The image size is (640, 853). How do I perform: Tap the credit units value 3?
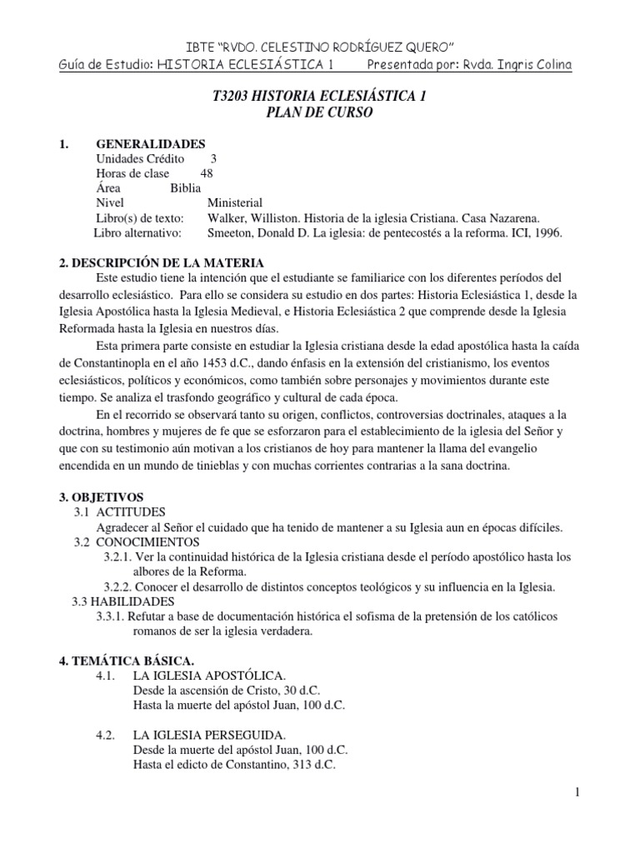(214, 158)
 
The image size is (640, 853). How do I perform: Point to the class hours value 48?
(207, 173)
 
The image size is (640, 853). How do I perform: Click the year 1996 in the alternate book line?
(546, 233)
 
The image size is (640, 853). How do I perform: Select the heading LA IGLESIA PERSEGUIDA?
(209, 735)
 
